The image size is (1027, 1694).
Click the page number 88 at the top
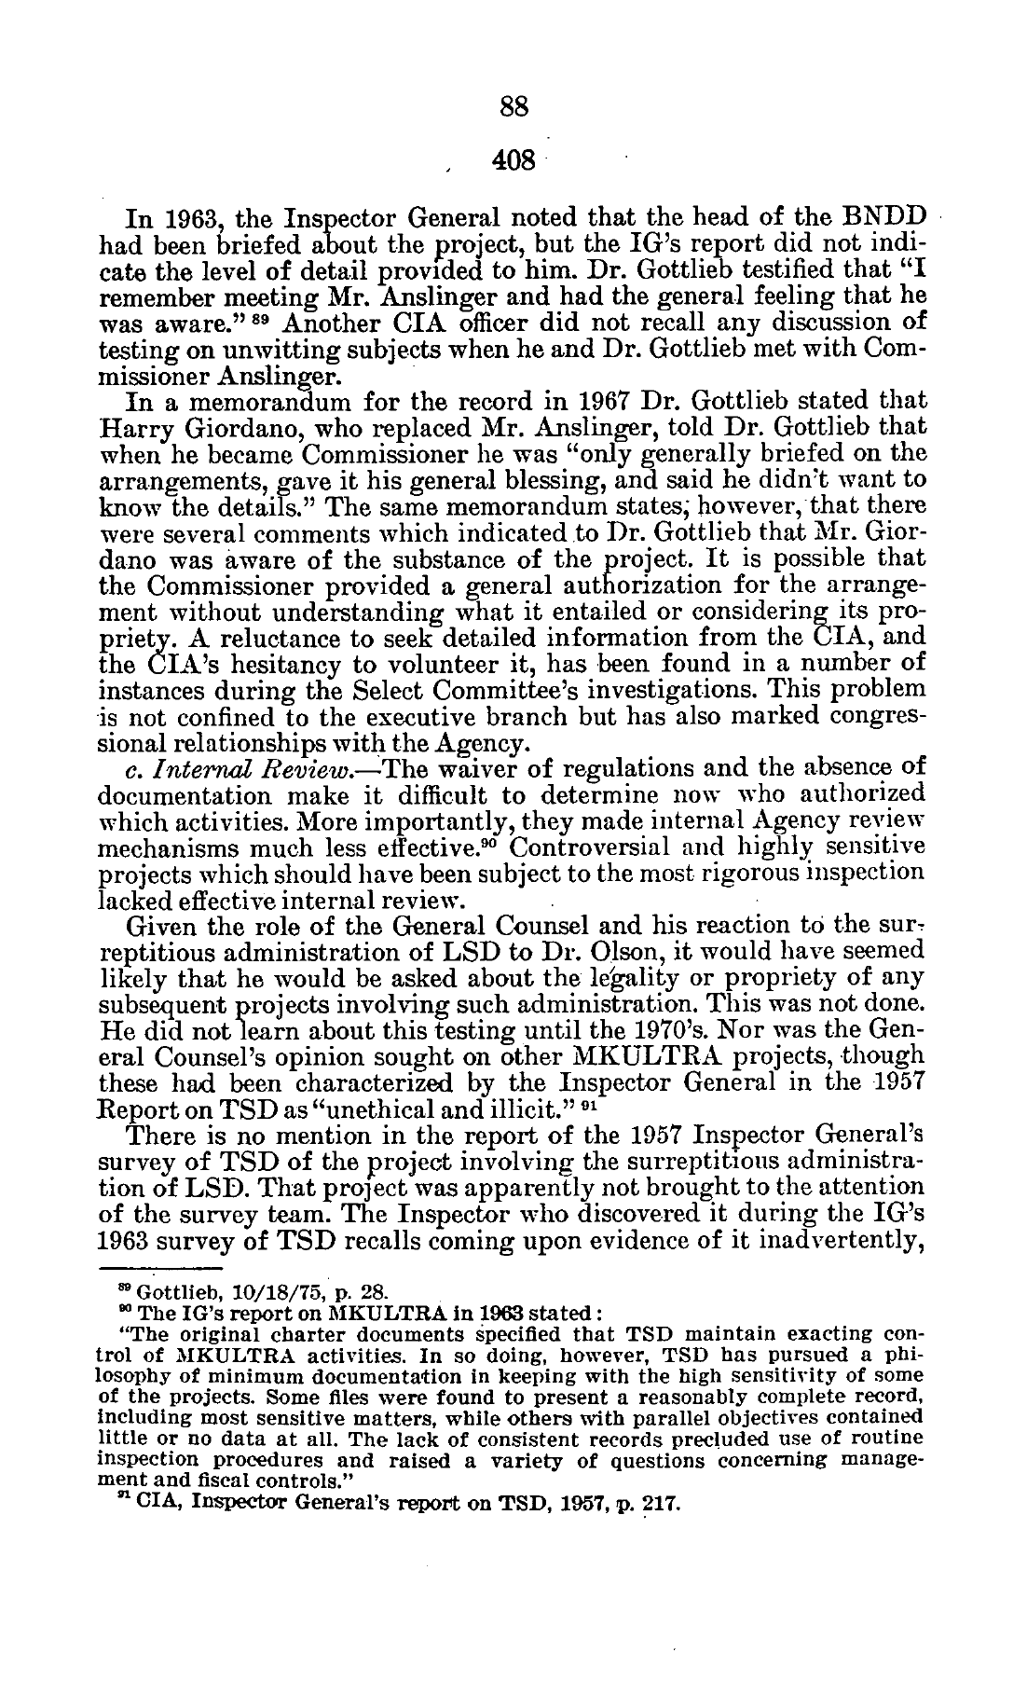(x=513, y=107)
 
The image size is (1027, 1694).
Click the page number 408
(x=513, y=160)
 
